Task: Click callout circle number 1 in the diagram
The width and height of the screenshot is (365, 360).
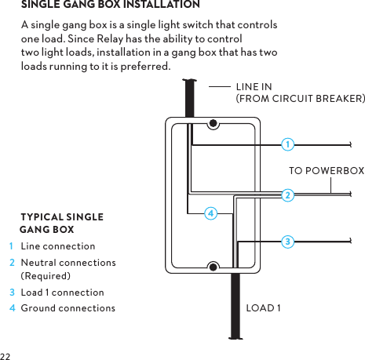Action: [x=288, y=144]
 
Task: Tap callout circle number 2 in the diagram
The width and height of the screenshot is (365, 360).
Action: [x=288, y=195]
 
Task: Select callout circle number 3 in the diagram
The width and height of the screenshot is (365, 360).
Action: [x=288, y=242]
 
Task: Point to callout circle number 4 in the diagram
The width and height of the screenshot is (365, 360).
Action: [x=210, y=213]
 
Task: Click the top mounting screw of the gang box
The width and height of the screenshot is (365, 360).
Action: [x=213, y=123]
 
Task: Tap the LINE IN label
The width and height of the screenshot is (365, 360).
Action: [x=254, y=86]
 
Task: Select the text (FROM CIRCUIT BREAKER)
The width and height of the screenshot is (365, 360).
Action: [x=300, y=99]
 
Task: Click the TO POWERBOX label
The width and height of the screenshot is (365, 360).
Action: [x=327, y=170]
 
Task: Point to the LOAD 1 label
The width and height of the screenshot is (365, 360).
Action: [x=264, y=307]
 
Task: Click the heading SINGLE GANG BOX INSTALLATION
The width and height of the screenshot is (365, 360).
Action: [x=110, y=5]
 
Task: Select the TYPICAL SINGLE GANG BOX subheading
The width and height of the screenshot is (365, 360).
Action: [x=60, y=223]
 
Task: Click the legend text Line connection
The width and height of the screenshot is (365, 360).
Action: [x=58, y=247]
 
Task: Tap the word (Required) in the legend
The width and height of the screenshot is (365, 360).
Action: [x=46, y=276]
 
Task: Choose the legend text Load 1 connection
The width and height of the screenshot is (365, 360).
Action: [x=62, y=293]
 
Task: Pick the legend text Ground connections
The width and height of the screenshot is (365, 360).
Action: [x=68, y=307]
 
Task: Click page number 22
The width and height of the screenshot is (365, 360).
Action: [x=6, y=355]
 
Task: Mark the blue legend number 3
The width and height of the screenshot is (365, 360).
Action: [x=12, y=293]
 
